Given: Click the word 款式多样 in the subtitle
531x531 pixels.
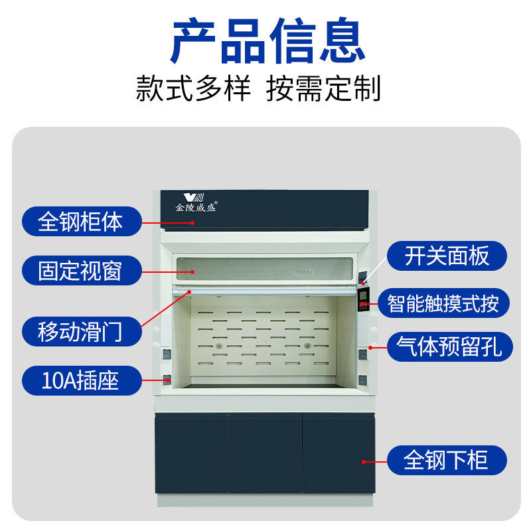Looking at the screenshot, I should [x=193, y=89].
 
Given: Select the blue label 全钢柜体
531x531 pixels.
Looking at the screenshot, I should [x=81, y=221].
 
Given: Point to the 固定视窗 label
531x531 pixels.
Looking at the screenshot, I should [x=81, y=271].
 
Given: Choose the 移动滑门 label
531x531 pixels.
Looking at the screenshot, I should [x=81, y=330].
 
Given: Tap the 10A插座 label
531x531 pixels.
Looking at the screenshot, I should [x=81, y=380].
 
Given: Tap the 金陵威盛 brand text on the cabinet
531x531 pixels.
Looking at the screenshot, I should [x=196, y=207].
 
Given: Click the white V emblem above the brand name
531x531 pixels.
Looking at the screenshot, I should [x=191, y=196].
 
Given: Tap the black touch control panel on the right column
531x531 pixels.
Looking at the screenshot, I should [x=364, y=299].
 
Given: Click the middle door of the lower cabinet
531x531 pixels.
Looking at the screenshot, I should [x=265, y=454].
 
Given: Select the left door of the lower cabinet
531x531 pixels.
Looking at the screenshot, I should [x=192, y=454].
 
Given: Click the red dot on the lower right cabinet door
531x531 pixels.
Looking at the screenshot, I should [x=364, y=460].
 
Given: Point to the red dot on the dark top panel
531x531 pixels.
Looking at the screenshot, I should [x=193, y=223].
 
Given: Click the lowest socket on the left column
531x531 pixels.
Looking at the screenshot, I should [x=167, y=380].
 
